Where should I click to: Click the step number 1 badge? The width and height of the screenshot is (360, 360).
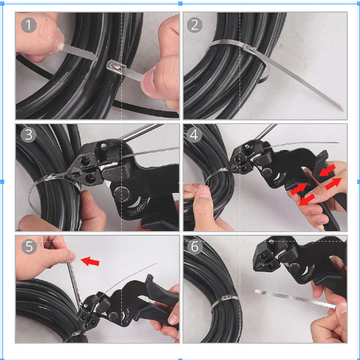[x=29, y=25]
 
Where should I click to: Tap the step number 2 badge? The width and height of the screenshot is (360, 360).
[x=195, y=25]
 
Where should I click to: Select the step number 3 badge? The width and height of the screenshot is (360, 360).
[x=29, y=135]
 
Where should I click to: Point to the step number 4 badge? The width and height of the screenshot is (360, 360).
[x=194, y=135]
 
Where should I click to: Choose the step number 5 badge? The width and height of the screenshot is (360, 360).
[x=29, y=247]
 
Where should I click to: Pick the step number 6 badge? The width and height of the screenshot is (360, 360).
[x=195, y=247]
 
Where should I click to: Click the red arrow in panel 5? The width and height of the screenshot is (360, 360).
[x=90, y=261]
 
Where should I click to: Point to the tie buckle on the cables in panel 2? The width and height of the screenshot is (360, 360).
[x=250, y=49]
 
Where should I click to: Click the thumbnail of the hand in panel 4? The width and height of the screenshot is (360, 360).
[x=202, y=192]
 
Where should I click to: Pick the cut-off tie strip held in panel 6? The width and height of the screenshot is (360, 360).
[x=294, y=299]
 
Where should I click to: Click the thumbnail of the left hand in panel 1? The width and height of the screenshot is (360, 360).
[x=59, y=41]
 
